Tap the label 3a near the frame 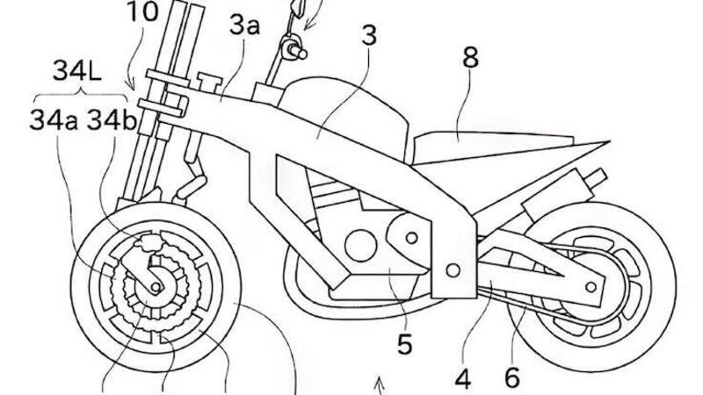click(245, 26)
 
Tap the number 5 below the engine click(403, 345)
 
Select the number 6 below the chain click(512, 377)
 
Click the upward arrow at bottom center click(379, 384)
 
